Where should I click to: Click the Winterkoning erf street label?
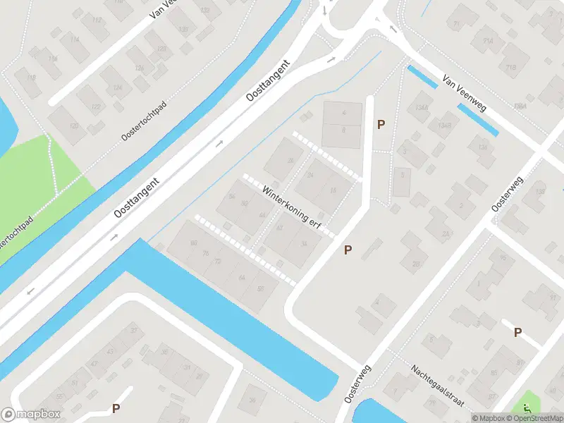coord(290,205)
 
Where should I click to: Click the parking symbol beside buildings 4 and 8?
coord(381,124)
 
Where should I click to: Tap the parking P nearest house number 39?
coord(116,408)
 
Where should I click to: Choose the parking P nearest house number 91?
coord(517,332)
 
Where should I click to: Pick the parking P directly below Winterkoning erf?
coord(348,250)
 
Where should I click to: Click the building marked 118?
coord(31,78)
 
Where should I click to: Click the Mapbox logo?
coord(31,415)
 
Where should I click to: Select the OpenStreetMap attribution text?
coord(539,418)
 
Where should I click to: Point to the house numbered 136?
coord(482,147)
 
